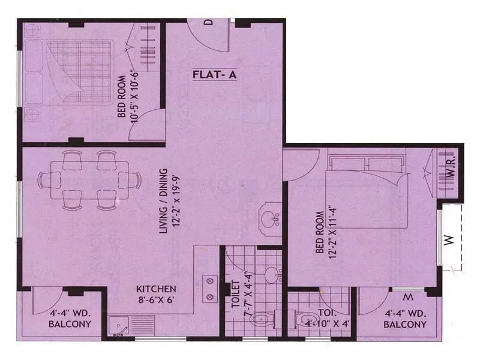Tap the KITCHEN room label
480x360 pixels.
155,288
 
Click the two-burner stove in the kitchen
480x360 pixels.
211,287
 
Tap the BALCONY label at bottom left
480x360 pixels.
71,324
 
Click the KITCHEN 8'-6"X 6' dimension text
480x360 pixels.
155,300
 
